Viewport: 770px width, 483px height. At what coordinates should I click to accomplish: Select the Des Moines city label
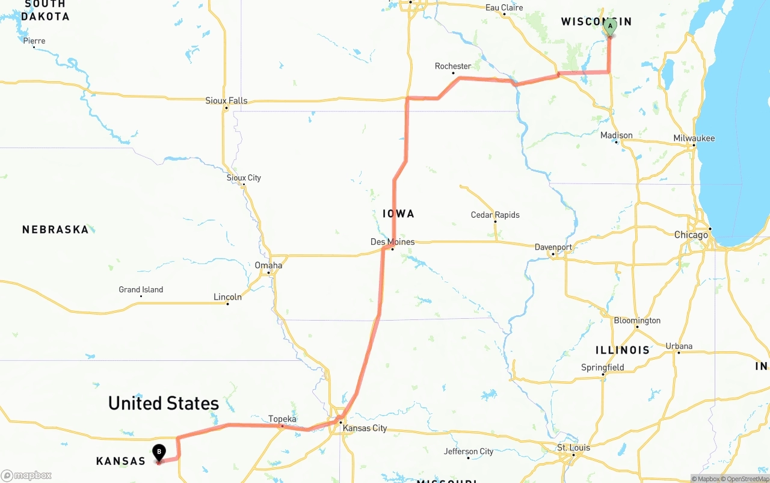[392, 242]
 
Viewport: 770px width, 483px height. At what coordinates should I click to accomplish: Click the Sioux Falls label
[226, 100]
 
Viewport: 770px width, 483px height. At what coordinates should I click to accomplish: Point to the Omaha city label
[268, 265]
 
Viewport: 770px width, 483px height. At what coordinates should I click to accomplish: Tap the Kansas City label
[365, 428]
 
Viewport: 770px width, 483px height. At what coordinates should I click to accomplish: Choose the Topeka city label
[282, 419]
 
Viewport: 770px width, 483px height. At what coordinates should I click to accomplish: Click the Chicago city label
[691, 235]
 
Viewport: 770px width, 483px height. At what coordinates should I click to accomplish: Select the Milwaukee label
[694, 138]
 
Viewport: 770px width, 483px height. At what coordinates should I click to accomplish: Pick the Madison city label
[617, 135]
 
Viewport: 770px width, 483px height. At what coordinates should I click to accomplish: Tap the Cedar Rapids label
[495, 215]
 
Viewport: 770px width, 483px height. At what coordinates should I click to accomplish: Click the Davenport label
[553, 247]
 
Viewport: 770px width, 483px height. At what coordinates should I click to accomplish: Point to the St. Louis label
[573, 448]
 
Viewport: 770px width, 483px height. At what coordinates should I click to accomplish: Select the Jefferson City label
[469, 451]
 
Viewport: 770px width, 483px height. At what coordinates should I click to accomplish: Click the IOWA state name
[398, 214]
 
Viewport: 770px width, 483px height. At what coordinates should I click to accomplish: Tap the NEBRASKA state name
[55, 229]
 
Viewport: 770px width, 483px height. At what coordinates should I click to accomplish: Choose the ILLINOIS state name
[623, 349]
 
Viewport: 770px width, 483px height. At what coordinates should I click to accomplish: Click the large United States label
[163, 403]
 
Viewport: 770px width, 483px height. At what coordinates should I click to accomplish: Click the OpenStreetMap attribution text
[747, 479]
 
